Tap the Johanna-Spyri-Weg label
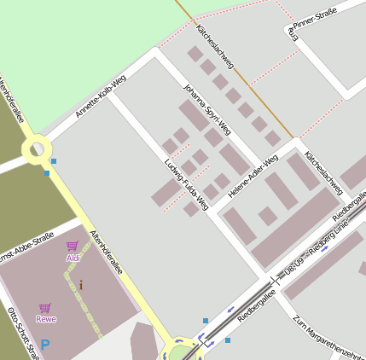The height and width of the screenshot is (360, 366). pos(207,109)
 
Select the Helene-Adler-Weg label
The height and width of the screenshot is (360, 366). pos(253,177)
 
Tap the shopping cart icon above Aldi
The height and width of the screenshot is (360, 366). pos(73,246)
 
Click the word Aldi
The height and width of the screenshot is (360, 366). pos(73,258)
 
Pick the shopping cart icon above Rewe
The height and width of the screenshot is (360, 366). pos(45,307)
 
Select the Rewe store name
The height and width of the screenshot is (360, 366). pos(46,319)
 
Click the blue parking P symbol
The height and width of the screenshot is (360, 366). pos(45,345)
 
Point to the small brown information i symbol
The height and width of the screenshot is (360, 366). pos(81,285)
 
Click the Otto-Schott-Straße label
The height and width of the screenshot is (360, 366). pos(21,333)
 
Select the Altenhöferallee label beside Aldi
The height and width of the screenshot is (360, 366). pos(107,251)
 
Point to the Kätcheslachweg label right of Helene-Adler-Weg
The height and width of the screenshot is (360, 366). pos(323,172)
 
